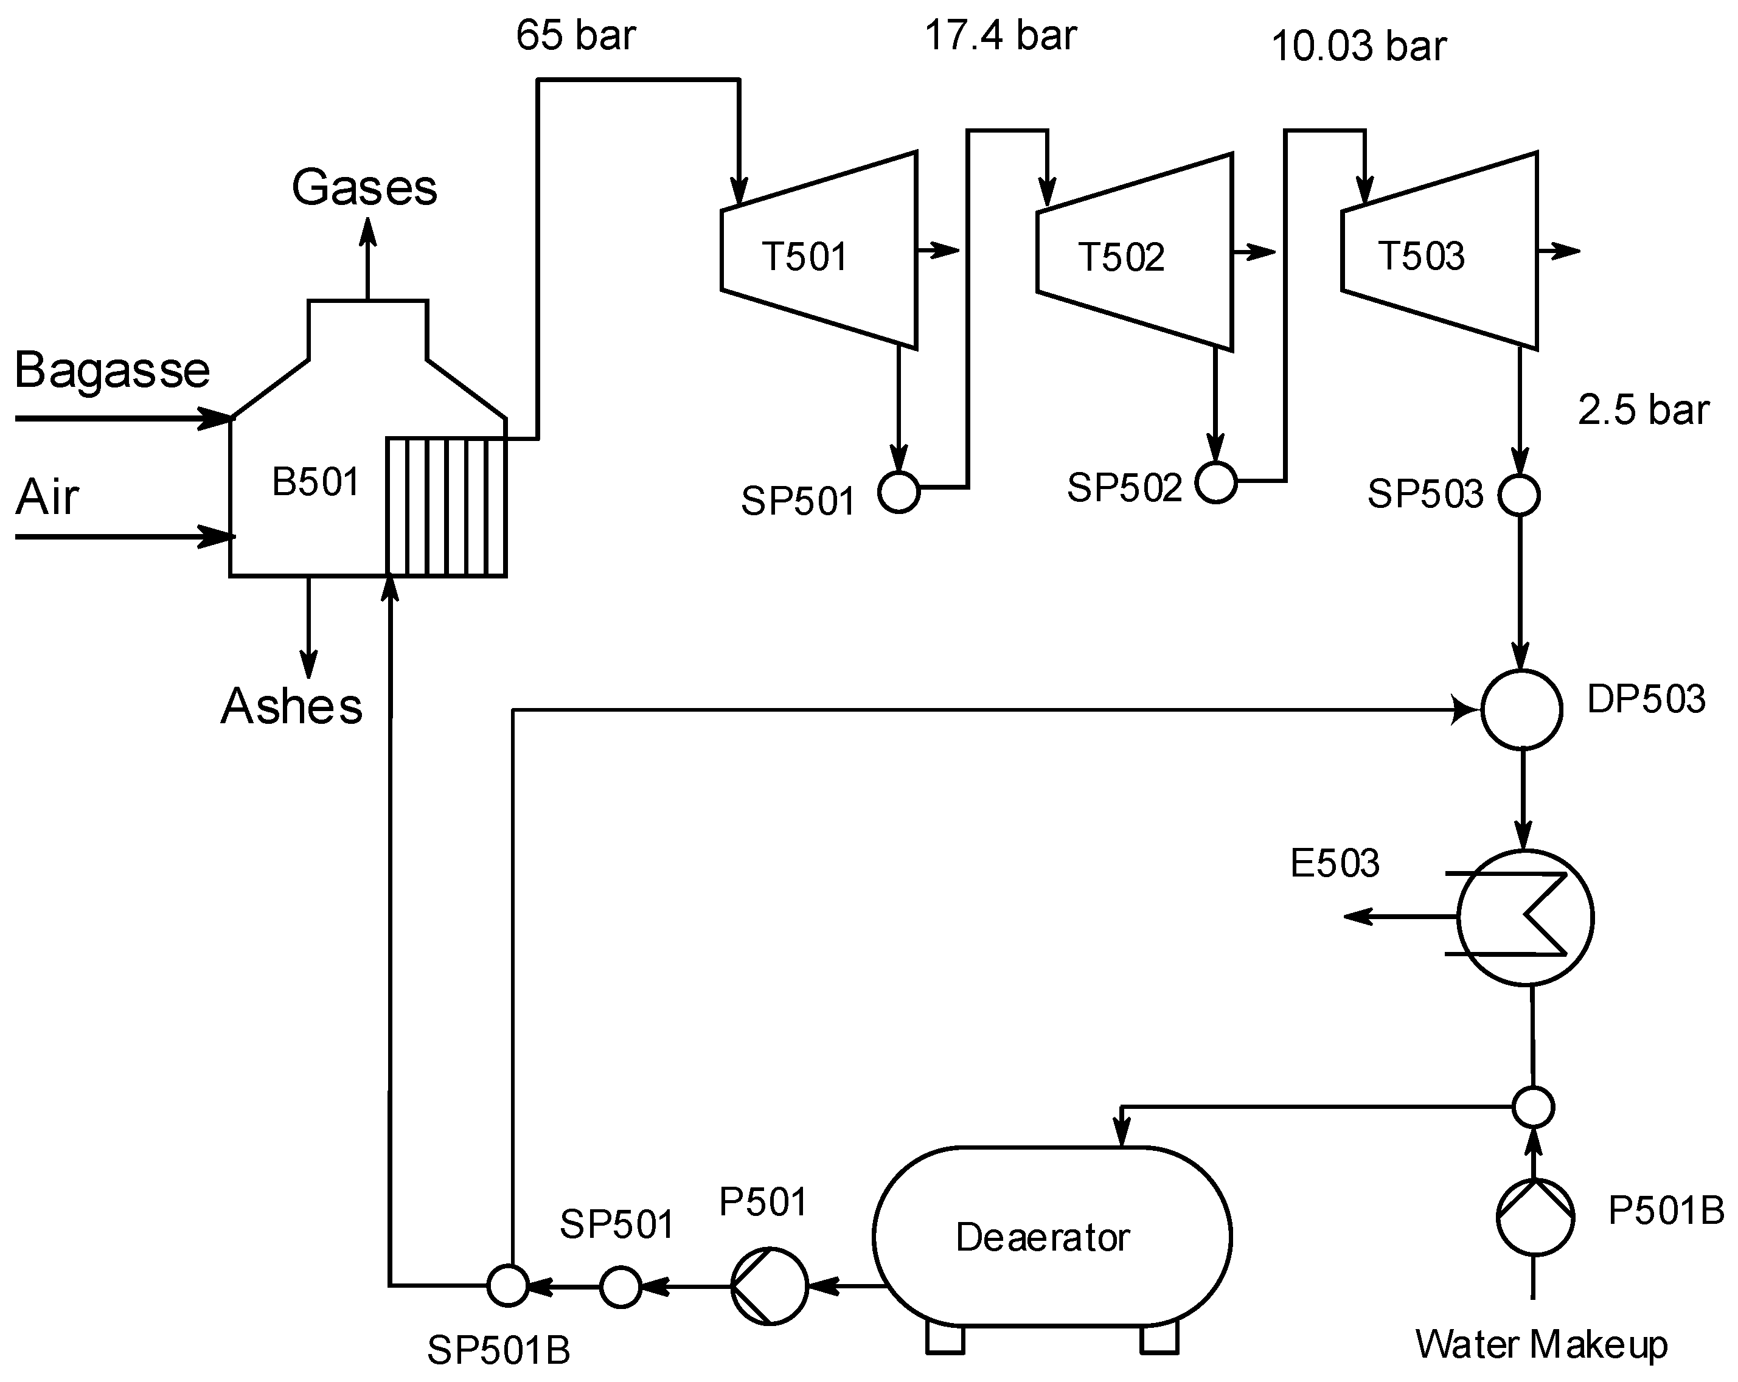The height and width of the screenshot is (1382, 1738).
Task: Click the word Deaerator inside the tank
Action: pyautogui.click(x=1042, y=1237)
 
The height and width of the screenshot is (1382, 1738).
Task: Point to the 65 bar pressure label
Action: pyautogui.click(x=575, y=35)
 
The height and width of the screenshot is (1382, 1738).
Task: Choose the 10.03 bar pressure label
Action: pyautogui.click(x=1358, y=46)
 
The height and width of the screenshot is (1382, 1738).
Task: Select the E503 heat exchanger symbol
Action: pyautogui.click(x=1524, y=917)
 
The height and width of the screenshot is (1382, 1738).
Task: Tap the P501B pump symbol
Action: pyautogui.click(x=1535, y=1217)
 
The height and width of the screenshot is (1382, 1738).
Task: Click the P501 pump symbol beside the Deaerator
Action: pyautogui.click(x=768, y=1285)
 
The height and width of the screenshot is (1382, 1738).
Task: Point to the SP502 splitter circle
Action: pyautogui.click(x=1215, y=482)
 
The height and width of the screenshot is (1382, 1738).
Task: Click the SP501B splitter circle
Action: pyautogui.click(x=508, y=1285)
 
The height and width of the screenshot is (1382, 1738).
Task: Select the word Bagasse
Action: pyautogui.click(x=112, y=370)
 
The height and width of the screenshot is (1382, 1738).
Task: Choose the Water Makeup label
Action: pyautogui.click(x=1540, y=1344)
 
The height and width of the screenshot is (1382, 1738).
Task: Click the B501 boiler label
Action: pyautogui.click(x=315, y=482)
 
